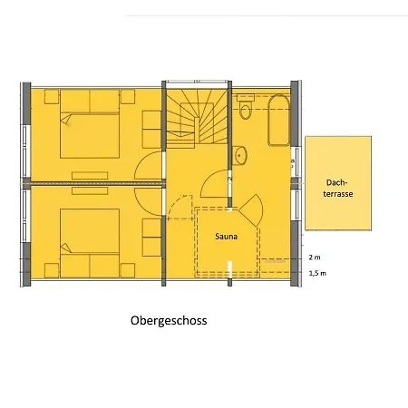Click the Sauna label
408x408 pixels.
tap(226, 237)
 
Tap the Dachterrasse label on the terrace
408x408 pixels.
tap(338, 188)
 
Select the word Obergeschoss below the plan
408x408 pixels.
tap(169, 321)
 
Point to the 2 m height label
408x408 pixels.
tap(315, 257)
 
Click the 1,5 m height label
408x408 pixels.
tap(317, 273)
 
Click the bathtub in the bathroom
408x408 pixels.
tap(279, 121)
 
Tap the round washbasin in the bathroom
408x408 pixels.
tap(240, 155)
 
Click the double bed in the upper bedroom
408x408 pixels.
tap(90, 123)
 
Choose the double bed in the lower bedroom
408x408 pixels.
tap(90, 243)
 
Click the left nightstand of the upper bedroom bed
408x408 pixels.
tap(52, 97)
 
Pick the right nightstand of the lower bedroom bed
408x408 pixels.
tap(128, 270)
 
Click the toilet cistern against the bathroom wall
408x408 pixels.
tap(246, 98)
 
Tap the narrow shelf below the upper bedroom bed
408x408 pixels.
tap(90, 176)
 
